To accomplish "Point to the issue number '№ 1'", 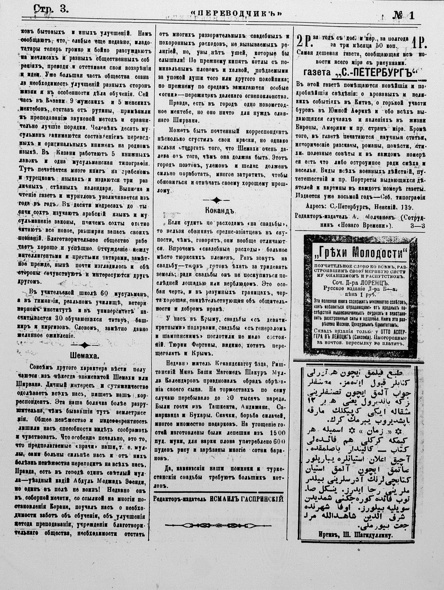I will pos(403,15).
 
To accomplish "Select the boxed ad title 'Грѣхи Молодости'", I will pos(359,253).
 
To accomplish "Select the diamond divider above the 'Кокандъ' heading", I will pos(217,200).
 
